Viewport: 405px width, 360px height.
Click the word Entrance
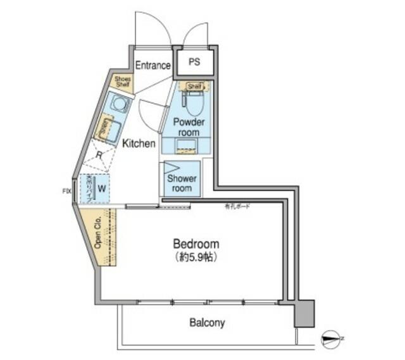tap(153, 65)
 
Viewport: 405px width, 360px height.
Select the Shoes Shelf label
tap(121, 82)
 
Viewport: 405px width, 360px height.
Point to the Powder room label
tap(188, 127)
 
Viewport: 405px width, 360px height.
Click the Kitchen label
tap(139, 144)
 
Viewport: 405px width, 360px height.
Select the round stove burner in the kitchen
tap(119, 102)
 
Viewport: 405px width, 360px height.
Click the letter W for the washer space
tap(101, 188)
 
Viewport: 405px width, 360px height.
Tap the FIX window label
tap(66, 190)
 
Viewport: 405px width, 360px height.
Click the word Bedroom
tap(196, 244)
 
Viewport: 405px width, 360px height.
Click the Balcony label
tap(207, 323)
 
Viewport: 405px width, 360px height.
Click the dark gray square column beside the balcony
tap(304, 313)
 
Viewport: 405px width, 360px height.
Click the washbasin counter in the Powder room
tap(186, 145)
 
